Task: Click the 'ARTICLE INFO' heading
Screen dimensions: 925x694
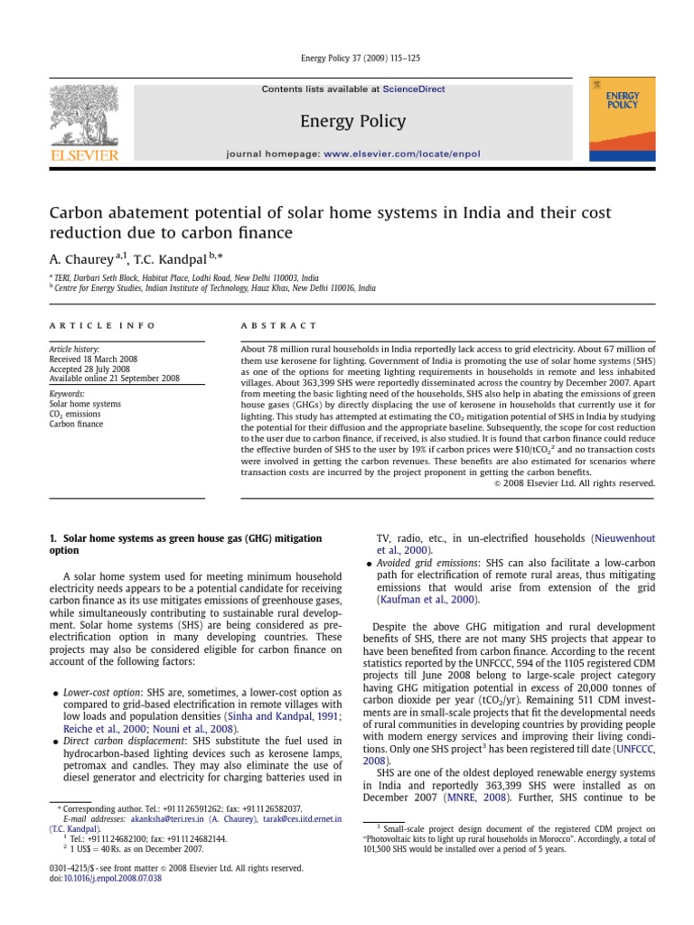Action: (102, 325)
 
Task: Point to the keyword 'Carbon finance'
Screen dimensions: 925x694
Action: (77, 424)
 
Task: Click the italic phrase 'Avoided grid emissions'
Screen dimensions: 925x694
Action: (433, 563)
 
